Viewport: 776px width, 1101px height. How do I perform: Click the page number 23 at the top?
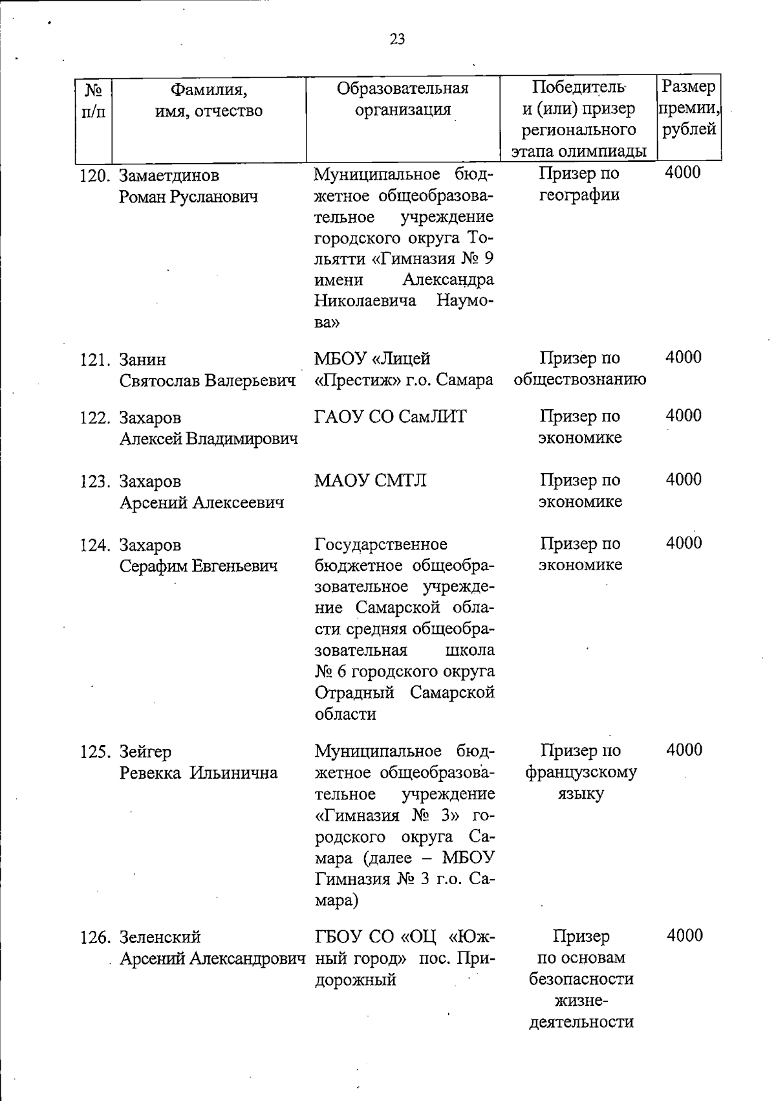(397, 39)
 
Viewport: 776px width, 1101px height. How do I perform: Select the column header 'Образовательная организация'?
(403, 98)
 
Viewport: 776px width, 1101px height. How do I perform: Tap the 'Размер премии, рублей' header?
(689, 107)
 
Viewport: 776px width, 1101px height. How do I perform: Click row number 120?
(96, 176)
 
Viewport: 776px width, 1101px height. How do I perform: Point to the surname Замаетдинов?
(169, 176)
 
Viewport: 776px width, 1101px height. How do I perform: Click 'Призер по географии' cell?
(579, 184)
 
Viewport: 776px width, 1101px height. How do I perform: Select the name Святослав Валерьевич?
(207, 381)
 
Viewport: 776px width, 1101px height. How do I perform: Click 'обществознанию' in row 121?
(579, 379)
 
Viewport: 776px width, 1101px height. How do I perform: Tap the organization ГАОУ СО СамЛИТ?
(390, 417)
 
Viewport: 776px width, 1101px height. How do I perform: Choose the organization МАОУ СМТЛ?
(370, 481)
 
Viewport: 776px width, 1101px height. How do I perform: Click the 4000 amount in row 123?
(684, 480)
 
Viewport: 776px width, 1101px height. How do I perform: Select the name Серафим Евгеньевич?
(199, 566)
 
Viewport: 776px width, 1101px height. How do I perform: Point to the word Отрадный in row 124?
(354, 693)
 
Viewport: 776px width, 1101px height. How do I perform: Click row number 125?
(96, 752)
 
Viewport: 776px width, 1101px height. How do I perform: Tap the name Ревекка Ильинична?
(199, 773)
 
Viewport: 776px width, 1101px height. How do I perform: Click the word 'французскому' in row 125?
(581, 773)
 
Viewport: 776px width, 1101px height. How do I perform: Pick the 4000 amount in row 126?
(684, 935)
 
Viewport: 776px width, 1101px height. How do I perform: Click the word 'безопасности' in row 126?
(581, 979)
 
